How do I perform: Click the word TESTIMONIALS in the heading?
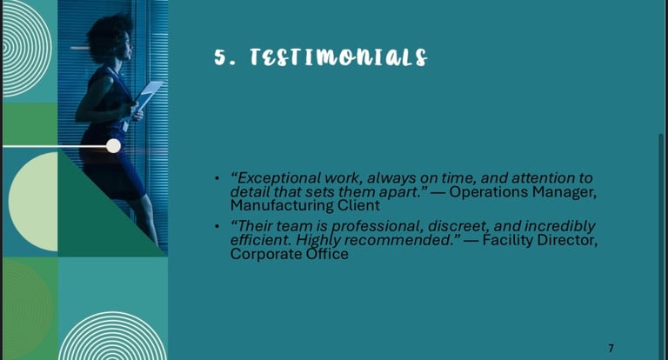click(x=338, y=57)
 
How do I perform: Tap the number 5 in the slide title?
click(x=219, y=57)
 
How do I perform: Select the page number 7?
click(x=611, y=348)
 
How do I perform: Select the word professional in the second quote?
click(x=376, y=226)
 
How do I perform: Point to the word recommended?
click(x=397, y=240)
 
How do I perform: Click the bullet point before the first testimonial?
click(x=217, y=177)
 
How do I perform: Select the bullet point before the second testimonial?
click(x=217, y=226)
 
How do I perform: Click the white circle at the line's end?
click(x=113, y=146)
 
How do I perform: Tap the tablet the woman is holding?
click(x=149, y=95)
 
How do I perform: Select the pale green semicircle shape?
click(x=33, y=202)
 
